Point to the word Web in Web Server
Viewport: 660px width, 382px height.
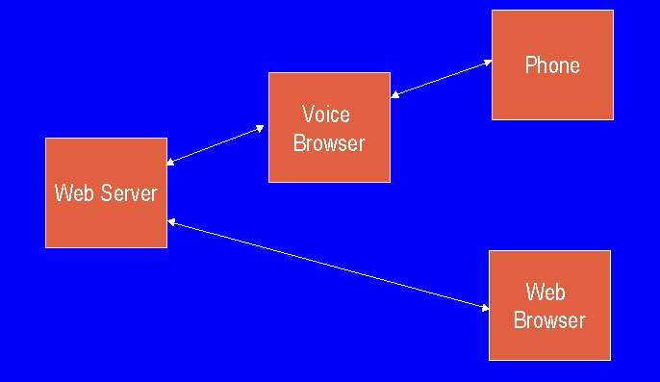point(72,192)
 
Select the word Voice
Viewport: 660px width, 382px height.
point(326,115)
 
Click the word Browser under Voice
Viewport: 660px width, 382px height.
point(329,143)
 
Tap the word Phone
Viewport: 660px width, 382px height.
point(552,65)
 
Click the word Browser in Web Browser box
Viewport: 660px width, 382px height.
point(549,319)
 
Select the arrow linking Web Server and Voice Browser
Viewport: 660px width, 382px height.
point(216,144)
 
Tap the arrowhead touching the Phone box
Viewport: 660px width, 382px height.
point(487,63)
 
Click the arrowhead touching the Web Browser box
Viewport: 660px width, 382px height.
point(484,307)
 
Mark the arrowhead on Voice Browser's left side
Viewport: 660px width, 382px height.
point(261,127)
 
